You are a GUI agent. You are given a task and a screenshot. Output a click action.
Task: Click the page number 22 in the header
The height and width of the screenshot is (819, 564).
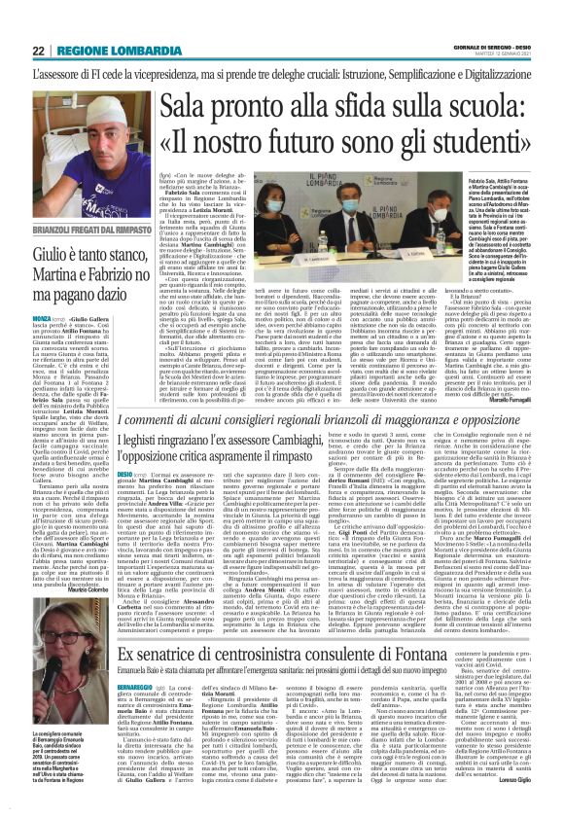[39, 51]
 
